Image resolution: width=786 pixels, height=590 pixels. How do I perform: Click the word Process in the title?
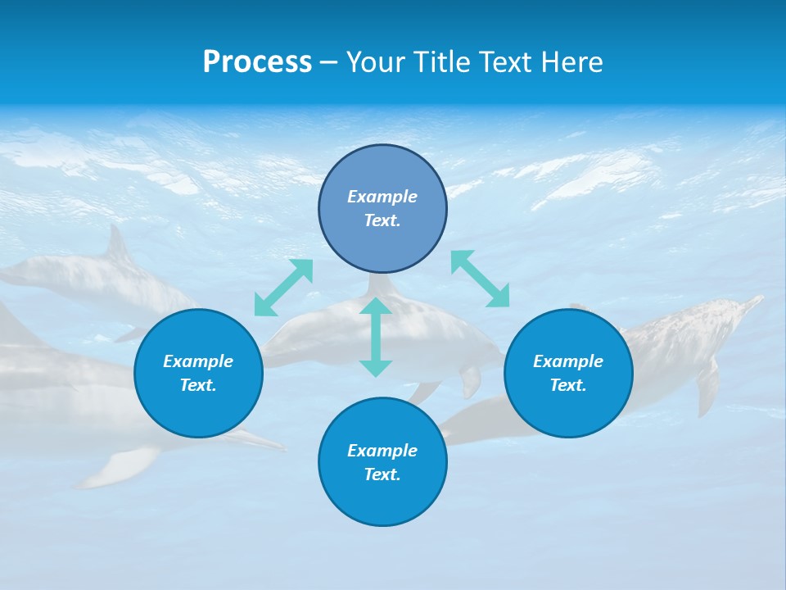pyautogui.click(x=257, y=62)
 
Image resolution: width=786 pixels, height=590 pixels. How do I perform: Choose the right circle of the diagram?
pyautogui.click(x=568, y=410)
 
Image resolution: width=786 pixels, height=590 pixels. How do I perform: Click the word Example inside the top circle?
pyautogui.click(x=382, y=197)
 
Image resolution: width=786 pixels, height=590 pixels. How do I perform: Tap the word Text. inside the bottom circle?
pyautogui.click(x=382, y=474)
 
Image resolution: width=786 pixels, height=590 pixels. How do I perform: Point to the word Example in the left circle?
pyautogui.click(x=198, y=361)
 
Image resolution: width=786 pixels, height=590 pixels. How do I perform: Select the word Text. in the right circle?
pyautogui.click(x=568, y=385)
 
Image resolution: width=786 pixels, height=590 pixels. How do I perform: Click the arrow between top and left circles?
pyautogui.click(x=283, y=288)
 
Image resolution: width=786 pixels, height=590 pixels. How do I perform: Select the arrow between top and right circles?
pyautogui.click(x=481, y=279)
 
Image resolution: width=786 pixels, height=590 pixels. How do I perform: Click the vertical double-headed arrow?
pyautogui.click(x=376, y=337)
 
